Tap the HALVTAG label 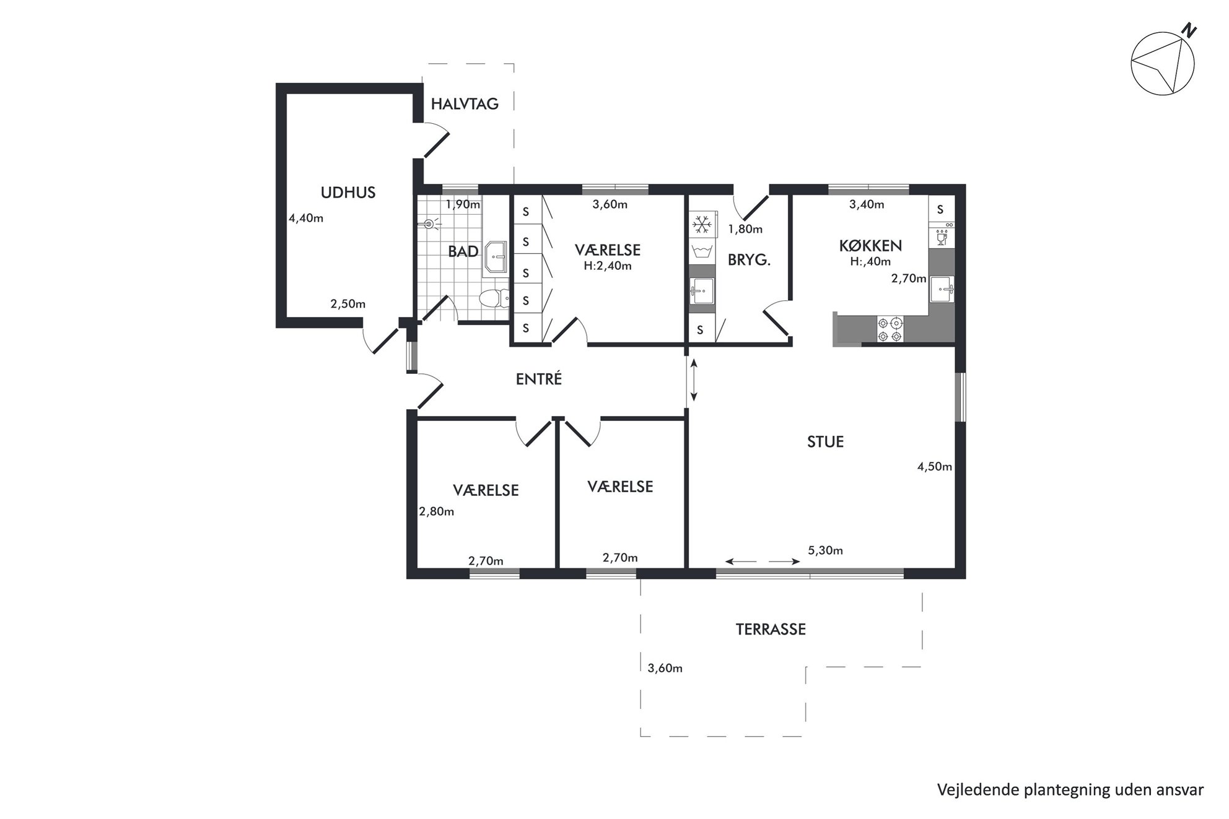[x=465, y=104]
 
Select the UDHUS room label [x=348, y=193]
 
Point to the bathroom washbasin [x=496, y=256]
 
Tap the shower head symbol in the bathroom [x=430, y=224]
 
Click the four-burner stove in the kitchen [x=890, y=329]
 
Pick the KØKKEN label [x=870, y=245]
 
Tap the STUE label [x=825, y=442]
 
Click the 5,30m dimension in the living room [x=825, y=550]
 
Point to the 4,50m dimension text [x=934, y=467]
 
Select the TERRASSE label [x=771, y=630]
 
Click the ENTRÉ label [x=539, y=379]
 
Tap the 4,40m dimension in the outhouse [x=306, y=218]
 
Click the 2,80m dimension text [x=437, y=511]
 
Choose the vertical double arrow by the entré [x=694, y=380]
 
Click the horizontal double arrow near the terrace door [x=762, y=561]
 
